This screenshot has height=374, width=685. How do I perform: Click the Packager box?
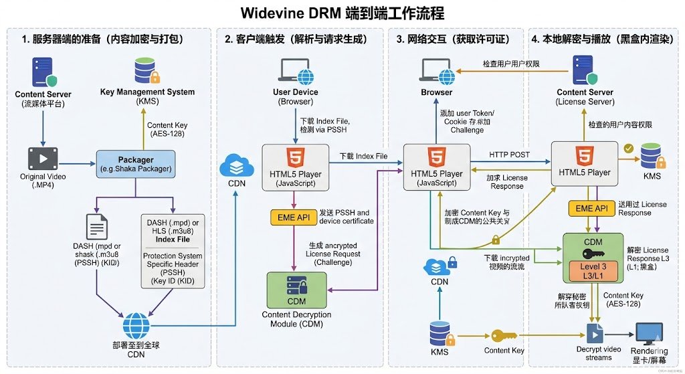click(136, 164)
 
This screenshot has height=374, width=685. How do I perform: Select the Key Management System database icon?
click(147, 70)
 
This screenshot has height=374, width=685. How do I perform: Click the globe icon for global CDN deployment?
click(136, 326)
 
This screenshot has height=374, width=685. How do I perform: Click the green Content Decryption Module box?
click(296, 290)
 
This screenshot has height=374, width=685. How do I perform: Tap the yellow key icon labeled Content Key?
click(504, 335)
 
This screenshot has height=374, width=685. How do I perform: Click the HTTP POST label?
click(509, 155)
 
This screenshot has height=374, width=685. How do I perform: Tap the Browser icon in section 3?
click(435, 70)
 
